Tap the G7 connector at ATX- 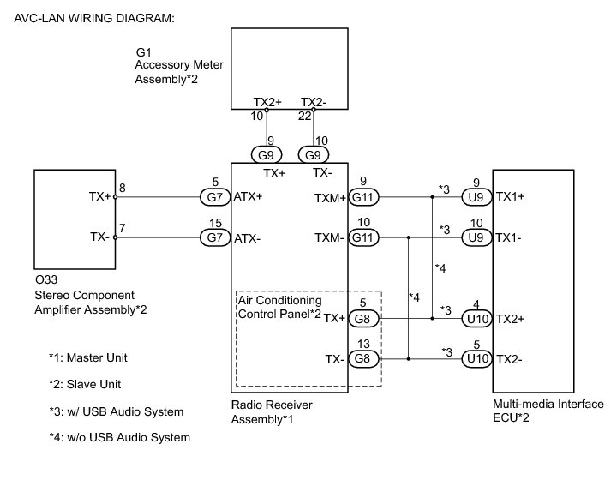click(x=214, y=239)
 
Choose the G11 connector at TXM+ click(x=364, y=197)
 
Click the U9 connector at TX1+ click(x=477, y=197)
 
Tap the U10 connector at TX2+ click(x=477, y=319)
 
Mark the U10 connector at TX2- click(x=477, y=360)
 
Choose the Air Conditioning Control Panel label click(x=279, y=307)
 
